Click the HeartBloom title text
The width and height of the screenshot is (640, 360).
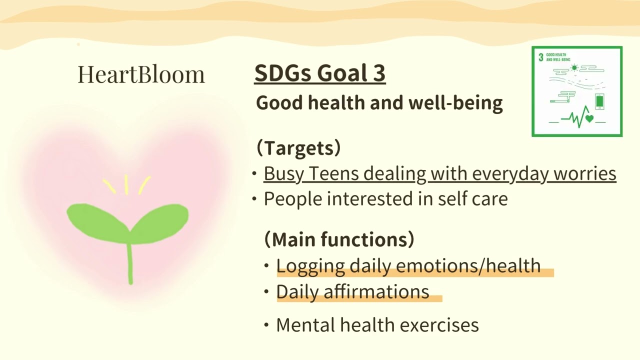click(141, 74)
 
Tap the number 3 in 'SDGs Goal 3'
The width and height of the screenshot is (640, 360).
click(378, 73)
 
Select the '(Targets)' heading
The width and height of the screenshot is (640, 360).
click(298, 148)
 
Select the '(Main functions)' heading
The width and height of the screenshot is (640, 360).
click(339, 239)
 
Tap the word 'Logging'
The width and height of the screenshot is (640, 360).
click(310, 265)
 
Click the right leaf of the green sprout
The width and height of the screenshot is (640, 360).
click(160, 220)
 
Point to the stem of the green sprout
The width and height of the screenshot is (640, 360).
click(130, 262)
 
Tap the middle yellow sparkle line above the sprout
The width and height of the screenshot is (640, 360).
click(126, 184)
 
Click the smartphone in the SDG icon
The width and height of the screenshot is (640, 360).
click(599, 101)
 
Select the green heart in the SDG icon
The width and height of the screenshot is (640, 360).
click(589, 119)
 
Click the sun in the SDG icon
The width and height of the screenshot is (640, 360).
click(574, 67)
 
